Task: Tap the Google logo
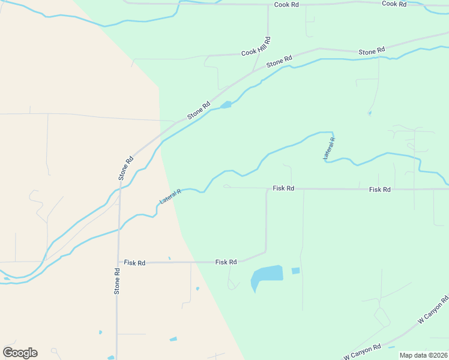tap(20, 353)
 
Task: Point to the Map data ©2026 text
tap(423, 355)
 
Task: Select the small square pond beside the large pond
tap(295, 271)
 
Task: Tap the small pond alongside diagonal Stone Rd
tap(226, 106)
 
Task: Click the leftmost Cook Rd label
tap(286, 4)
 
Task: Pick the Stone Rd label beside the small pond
tap(199, 110)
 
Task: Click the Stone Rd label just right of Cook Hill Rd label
tap(279, 61)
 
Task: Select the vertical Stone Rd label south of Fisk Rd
tap(118, 280)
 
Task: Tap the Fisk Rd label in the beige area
tap(135, 263)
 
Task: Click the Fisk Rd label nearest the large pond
tap(226, 262)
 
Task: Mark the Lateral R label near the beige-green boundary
tap(170, 195)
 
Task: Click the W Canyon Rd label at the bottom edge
tap(362, 350)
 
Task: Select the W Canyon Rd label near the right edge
tap(433, 310)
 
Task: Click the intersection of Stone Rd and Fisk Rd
tap(118, 262)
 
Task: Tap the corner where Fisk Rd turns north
tap(266, 251)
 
